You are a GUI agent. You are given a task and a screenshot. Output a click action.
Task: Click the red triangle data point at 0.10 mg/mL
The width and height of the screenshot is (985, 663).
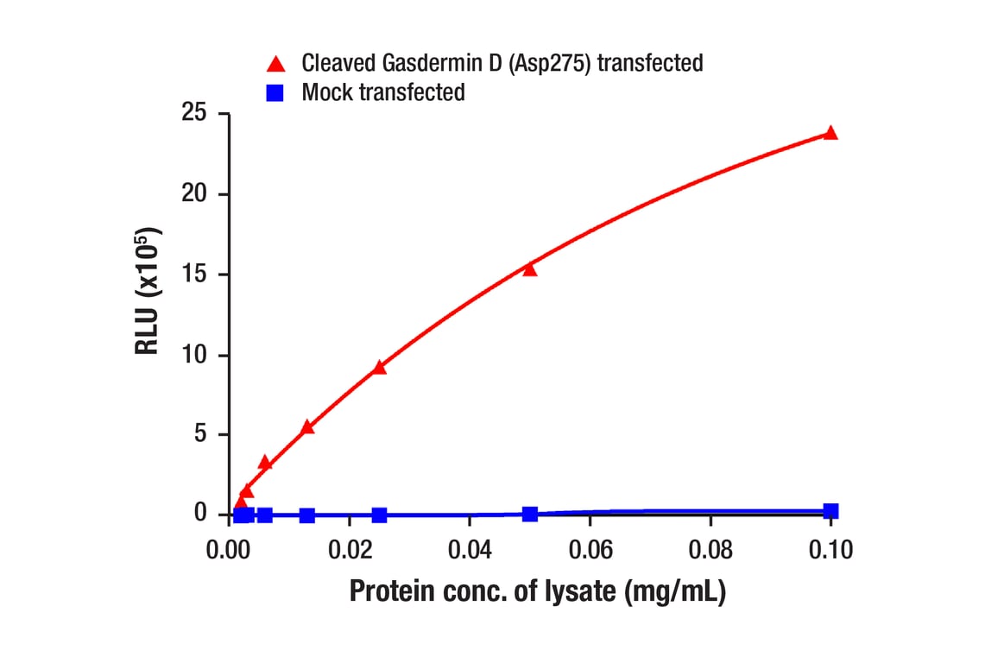click(x=830, y=133)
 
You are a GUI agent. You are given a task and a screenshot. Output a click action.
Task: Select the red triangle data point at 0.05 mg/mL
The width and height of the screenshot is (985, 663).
click(x=530, y=269)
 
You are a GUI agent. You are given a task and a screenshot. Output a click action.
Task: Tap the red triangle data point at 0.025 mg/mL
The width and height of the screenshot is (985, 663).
click(x=379, y=367)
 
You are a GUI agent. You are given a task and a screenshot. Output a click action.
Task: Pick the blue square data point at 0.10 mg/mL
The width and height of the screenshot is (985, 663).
click(x=830, y=511)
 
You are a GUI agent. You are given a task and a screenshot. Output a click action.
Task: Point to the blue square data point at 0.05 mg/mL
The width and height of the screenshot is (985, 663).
click(x=530, y=515)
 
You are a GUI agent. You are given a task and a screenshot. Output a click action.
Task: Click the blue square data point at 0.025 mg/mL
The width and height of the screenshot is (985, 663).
click(x=379, y=515)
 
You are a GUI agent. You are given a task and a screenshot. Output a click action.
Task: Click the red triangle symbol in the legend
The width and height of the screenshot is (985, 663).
click(x=276, y=63)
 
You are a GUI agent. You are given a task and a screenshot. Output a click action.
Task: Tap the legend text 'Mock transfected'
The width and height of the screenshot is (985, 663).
click(x=383, y=92)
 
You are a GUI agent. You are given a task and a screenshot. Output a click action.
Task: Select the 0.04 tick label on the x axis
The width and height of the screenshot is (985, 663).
click(x=469, y=549)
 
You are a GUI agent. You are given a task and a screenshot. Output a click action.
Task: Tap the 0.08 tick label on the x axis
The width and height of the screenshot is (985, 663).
click(x=710, y=549)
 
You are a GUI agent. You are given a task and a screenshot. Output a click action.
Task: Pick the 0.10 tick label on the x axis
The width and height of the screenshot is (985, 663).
click(x=830, y=549)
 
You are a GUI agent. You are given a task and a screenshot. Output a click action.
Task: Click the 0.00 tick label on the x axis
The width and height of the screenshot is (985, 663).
click(x=229, y=549)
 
